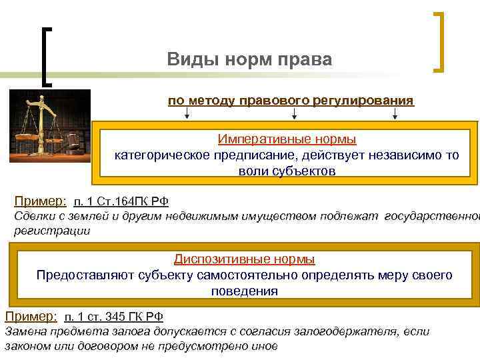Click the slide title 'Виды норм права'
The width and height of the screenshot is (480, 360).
(249, 60)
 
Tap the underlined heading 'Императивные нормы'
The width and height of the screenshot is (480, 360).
(287, 139)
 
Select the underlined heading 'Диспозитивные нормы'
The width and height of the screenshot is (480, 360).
(244, 259)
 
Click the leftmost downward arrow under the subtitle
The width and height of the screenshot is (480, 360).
(186, 115)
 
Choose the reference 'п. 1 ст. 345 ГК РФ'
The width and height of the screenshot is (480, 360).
(113, 317)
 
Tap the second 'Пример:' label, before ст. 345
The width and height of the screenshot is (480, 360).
(31, 317)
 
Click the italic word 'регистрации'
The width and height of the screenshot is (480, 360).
(51, 231)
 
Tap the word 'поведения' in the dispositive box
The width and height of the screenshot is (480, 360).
(244, 291)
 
